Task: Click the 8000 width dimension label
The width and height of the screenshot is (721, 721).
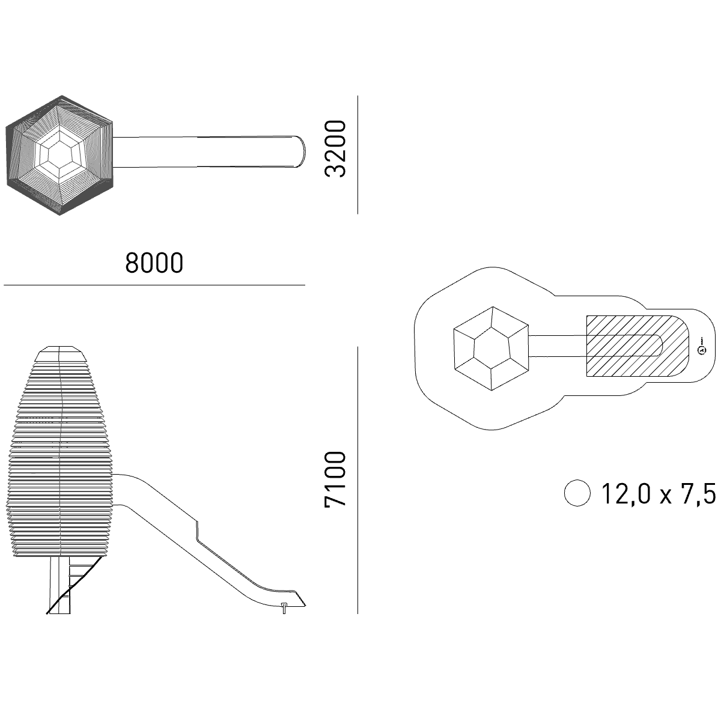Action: [x=154, y=263]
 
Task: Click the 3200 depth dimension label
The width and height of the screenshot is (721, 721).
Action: [x=335, y=148]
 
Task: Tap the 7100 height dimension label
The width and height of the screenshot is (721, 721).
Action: [x=335, y=479]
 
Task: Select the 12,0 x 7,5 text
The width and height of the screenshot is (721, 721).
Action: [x=659, y=493]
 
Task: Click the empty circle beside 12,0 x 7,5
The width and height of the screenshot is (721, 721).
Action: [x=577, y=493]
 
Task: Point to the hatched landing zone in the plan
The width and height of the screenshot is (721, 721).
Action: [x=637, y=346]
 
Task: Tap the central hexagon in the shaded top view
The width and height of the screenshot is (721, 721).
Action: [x=60, y=154]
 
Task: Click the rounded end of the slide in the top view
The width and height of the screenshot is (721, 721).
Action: [x=302, y=151]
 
